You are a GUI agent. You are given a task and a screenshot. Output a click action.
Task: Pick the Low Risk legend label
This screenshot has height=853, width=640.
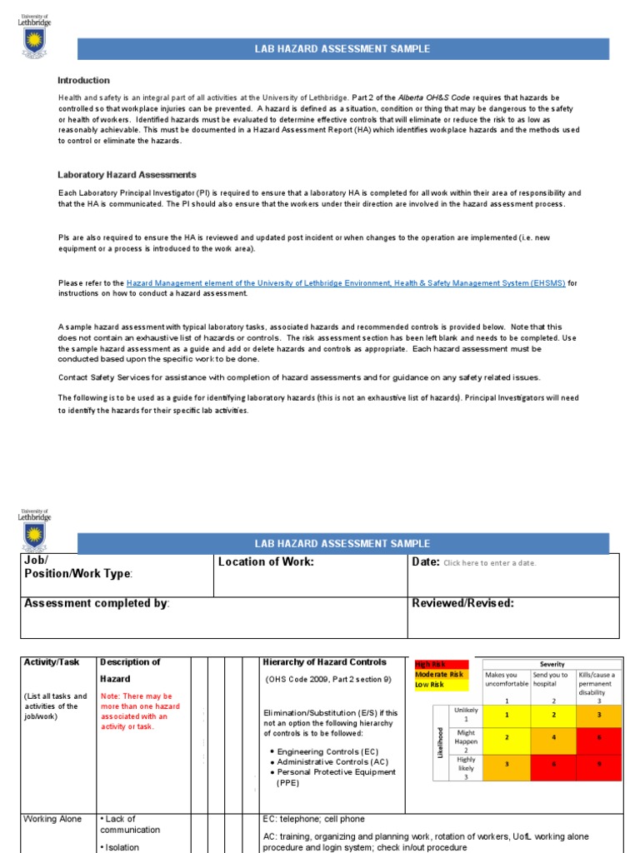(x=430, y=685)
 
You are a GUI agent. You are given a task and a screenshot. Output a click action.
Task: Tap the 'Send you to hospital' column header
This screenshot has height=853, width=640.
(x=550, y=680)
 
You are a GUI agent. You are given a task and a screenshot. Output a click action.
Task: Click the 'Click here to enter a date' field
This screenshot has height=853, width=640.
(x=490, y=563)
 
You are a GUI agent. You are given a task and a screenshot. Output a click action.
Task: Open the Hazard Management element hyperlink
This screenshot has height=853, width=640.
(x=346, y=283)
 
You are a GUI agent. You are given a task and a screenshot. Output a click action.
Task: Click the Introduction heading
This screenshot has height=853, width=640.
(x=83, y=80)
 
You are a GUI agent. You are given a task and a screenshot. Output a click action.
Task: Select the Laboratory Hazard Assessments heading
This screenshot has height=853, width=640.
(x=127, y=175)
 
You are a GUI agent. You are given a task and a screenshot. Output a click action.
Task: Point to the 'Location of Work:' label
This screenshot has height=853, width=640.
(x=266, y=562)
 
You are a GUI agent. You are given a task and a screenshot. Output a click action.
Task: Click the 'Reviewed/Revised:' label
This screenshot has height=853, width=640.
(x=462, y=603)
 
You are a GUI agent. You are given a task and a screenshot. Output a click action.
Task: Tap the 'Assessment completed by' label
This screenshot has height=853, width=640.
(x=97, y=603)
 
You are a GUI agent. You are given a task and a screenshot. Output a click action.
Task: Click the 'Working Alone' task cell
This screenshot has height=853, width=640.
(x=52, y=819)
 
